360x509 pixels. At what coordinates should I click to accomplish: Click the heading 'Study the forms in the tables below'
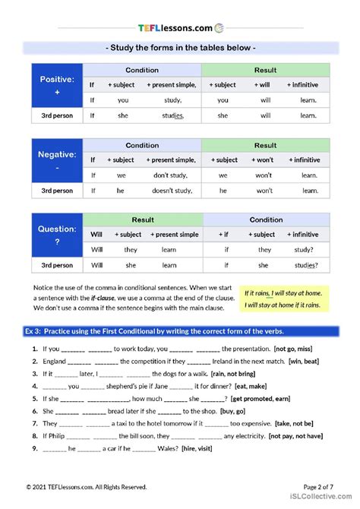(180, 48)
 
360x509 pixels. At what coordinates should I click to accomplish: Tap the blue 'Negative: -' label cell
(55, 160)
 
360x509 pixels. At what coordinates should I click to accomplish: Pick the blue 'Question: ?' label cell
(55, 234)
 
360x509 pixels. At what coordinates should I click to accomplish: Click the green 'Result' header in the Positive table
(265, 71)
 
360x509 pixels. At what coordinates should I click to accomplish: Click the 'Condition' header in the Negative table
(142, 145)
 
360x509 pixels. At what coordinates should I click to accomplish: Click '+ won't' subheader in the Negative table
(264, 160)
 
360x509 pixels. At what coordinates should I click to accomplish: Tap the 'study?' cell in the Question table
(305, 249)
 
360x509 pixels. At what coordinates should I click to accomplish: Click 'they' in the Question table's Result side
(130, 249)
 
